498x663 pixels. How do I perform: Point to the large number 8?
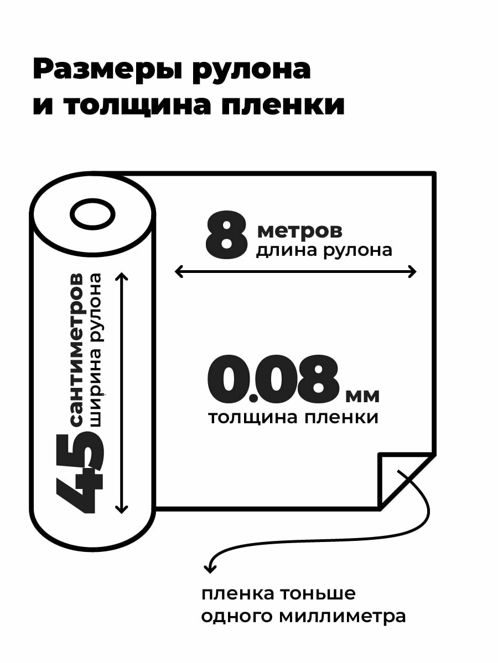pyautogui.click(x=226, y=236)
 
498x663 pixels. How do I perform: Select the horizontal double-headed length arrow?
pyautogui.click(x=295, y=271)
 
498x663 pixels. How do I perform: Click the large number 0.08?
pyautogui.click(x=272, y=380)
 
